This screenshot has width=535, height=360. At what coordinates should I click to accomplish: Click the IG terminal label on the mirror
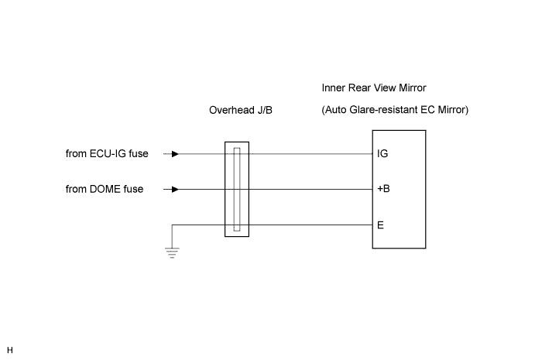(382, 153)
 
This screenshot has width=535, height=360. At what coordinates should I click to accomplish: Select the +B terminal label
(383, 189)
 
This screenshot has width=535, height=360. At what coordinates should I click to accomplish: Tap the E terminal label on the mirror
(380, 225)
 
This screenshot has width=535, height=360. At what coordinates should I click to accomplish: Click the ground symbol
(172, 253)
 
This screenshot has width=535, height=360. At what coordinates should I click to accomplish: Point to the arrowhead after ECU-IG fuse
(175, 154)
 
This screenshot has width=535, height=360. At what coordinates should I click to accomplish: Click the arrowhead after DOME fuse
(175, 190)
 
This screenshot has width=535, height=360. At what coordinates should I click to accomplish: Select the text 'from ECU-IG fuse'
(107, 154)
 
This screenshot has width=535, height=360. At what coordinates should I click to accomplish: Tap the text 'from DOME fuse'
(105, 189)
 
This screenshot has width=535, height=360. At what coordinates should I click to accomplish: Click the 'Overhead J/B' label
(241, 110)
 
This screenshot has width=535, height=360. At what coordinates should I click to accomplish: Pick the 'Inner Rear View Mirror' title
(374, 88)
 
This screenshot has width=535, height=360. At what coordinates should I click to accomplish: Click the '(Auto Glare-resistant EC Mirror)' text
(395, 110)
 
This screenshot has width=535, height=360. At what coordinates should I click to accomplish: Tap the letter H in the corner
(10, 350)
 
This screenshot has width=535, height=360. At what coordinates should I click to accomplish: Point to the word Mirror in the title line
(413, 88)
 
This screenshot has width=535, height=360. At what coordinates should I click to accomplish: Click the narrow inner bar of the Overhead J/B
(237, 190)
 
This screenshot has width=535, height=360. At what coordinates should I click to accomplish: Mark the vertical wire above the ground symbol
(172, 236)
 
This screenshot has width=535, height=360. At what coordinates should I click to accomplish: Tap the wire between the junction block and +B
(310, 190)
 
